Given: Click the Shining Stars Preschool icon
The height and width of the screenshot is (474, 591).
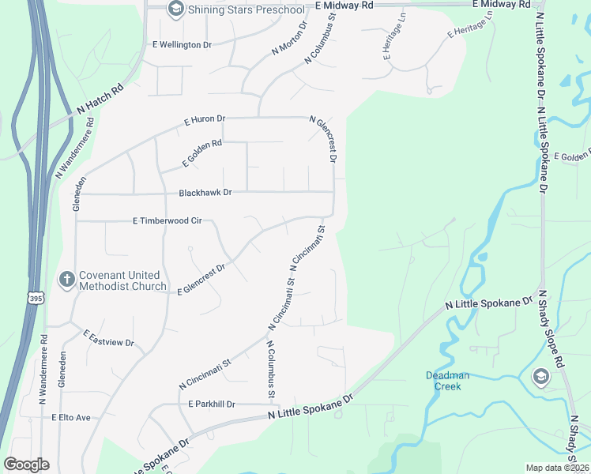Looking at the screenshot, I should pyautogui.click(x=175, y=9).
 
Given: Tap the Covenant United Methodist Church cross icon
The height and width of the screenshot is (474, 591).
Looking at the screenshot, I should pyautogui.click(x=67, y=279).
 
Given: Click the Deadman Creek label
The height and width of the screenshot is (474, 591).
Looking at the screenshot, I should pyautogui.click(x=448, y=380).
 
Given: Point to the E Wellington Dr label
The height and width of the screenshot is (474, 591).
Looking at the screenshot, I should pyautogui.click(x=182, y=45).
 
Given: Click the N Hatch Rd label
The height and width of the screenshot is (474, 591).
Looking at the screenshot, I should pyautogui.click(x=101, y=100).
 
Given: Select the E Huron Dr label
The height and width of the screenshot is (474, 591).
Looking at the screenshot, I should pyautogui.click(x=205, y=120).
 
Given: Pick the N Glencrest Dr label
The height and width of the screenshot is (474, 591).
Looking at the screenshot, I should pyautogui.click(x=325, y=140).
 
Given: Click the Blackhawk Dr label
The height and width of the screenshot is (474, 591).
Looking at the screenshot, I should pyautogui.click(x=205, y=192).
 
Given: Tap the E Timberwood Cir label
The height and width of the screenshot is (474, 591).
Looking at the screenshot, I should pyautogui.click(x=167, y=222).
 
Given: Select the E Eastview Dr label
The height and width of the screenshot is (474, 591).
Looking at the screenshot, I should pyautogui.click(x=109, y=338).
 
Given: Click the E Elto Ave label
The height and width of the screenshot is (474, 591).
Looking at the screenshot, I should pyautogui.click(x=72, y=417).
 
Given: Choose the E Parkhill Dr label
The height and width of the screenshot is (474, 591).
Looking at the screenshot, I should pyautogui.click(x=212, y=404).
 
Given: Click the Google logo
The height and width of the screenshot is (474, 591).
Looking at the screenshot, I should pyautogui.click(x=26, y=464).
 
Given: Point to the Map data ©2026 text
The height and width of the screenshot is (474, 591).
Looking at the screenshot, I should pyautogui.click(x=558, y=468).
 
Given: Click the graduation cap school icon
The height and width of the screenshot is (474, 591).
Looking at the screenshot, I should pyautogui.click(x=540, y=375).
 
